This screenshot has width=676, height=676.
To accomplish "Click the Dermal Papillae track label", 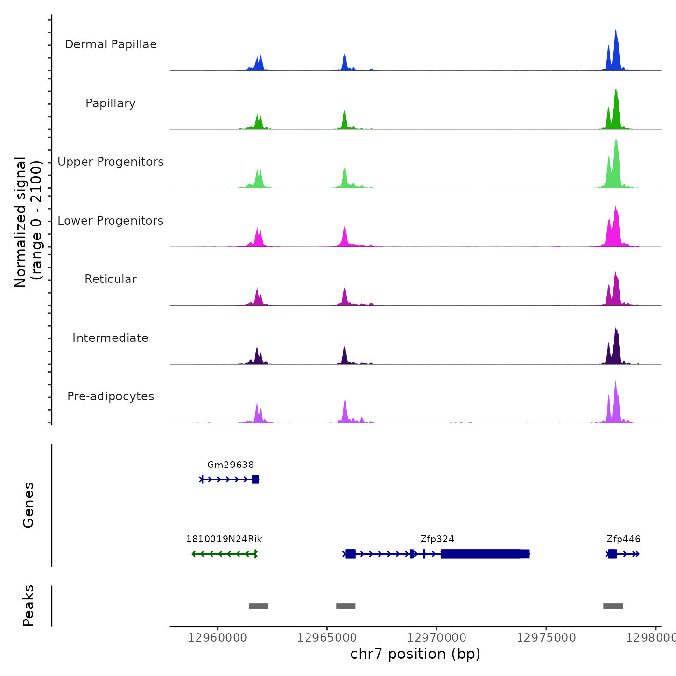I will [111, 44].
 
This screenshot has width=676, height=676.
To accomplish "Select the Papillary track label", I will [111, 103].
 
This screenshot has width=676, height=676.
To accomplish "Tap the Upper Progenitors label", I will [111, 162].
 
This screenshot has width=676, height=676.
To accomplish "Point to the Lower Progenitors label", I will [111, 221].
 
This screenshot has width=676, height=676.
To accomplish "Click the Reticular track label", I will [111, 279].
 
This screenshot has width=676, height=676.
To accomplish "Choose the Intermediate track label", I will [111, 338].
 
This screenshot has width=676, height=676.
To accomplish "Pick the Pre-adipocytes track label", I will [111, 396].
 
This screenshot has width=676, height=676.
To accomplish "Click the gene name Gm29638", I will [230, 465].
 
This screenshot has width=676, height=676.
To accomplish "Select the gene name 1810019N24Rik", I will [224, 539].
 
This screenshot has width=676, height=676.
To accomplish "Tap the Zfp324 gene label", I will [437, 539].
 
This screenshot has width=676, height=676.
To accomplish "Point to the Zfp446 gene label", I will [623, 539].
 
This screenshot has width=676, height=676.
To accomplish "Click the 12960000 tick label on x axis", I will [217, 638].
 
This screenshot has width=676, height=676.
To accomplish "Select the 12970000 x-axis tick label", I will [437, 638].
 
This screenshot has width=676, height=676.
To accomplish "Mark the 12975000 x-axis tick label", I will [546, 638].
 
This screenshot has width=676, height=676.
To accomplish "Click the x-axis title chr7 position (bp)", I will [415, 654].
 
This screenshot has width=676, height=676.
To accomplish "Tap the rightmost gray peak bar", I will [613, 606].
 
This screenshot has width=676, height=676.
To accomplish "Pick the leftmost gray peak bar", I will [258, 606].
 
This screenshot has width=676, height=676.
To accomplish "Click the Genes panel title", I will [28, 505].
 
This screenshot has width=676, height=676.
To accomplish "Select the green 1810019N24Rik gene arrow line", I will [225, 554].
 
